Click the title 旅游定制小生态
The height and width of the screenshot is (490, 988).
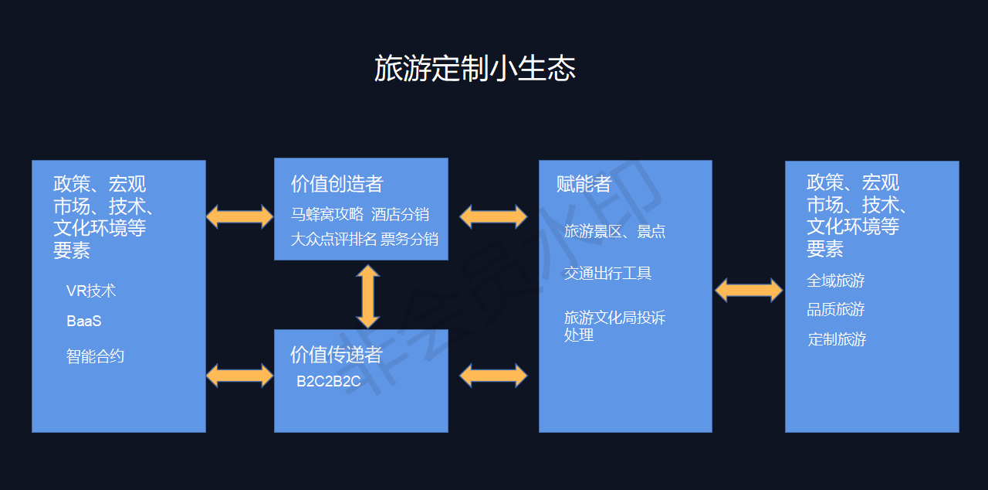pyautogui.click(x=475, y=69)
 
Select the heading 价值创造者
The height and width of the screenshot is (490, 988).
pyautogui.click(x=337, y=184)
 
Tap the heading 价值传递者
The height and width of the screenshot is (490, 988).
pyautogui.click(x=337, y=355)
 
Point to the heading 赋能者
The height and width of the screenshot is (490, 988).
pyautogui.click(x=584, y=184)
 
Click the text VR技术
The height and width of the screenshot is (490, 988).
pyautogui.click(x=91, y=291)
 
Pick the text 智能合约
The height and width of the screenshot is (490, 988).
pyautogui.click(x=96, y=356)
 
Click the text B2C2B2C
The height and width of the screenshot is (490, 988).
pyautogui.click(x=329, y=382)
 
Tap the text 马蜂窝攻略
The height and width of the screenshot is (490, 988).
pyautogui.click(x=327, y=214)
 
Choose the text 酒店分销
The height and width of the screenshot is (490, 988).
pyautogui.click(x=400, y=214)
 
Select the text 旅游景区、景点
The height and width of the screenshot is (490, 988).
pyautogui.click(x=614, y=231)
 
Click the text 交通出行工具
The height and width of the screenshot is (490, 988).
pyautogui.click(x=607, y=273)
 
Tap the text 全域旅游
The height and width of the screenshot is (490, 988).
pyautogui.click(x=836, y=281)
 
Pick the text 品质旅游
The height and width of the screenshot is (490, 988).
pyautogui.click(x=836, y=309)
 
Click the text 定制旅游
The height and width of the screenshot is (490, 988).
pyautogui.click(x=836, y=339)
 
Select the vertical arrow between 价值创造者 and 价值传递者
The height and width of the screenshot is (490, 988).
pyautogui.click(x=367, y=296)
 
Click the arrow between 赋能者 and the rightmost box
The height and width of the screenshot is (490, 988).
pyautogui.click(x=749, y=290)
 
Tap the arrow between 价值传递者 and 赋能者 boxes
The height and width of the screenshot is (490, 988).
pyautogui.click(x=493, y=376)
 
